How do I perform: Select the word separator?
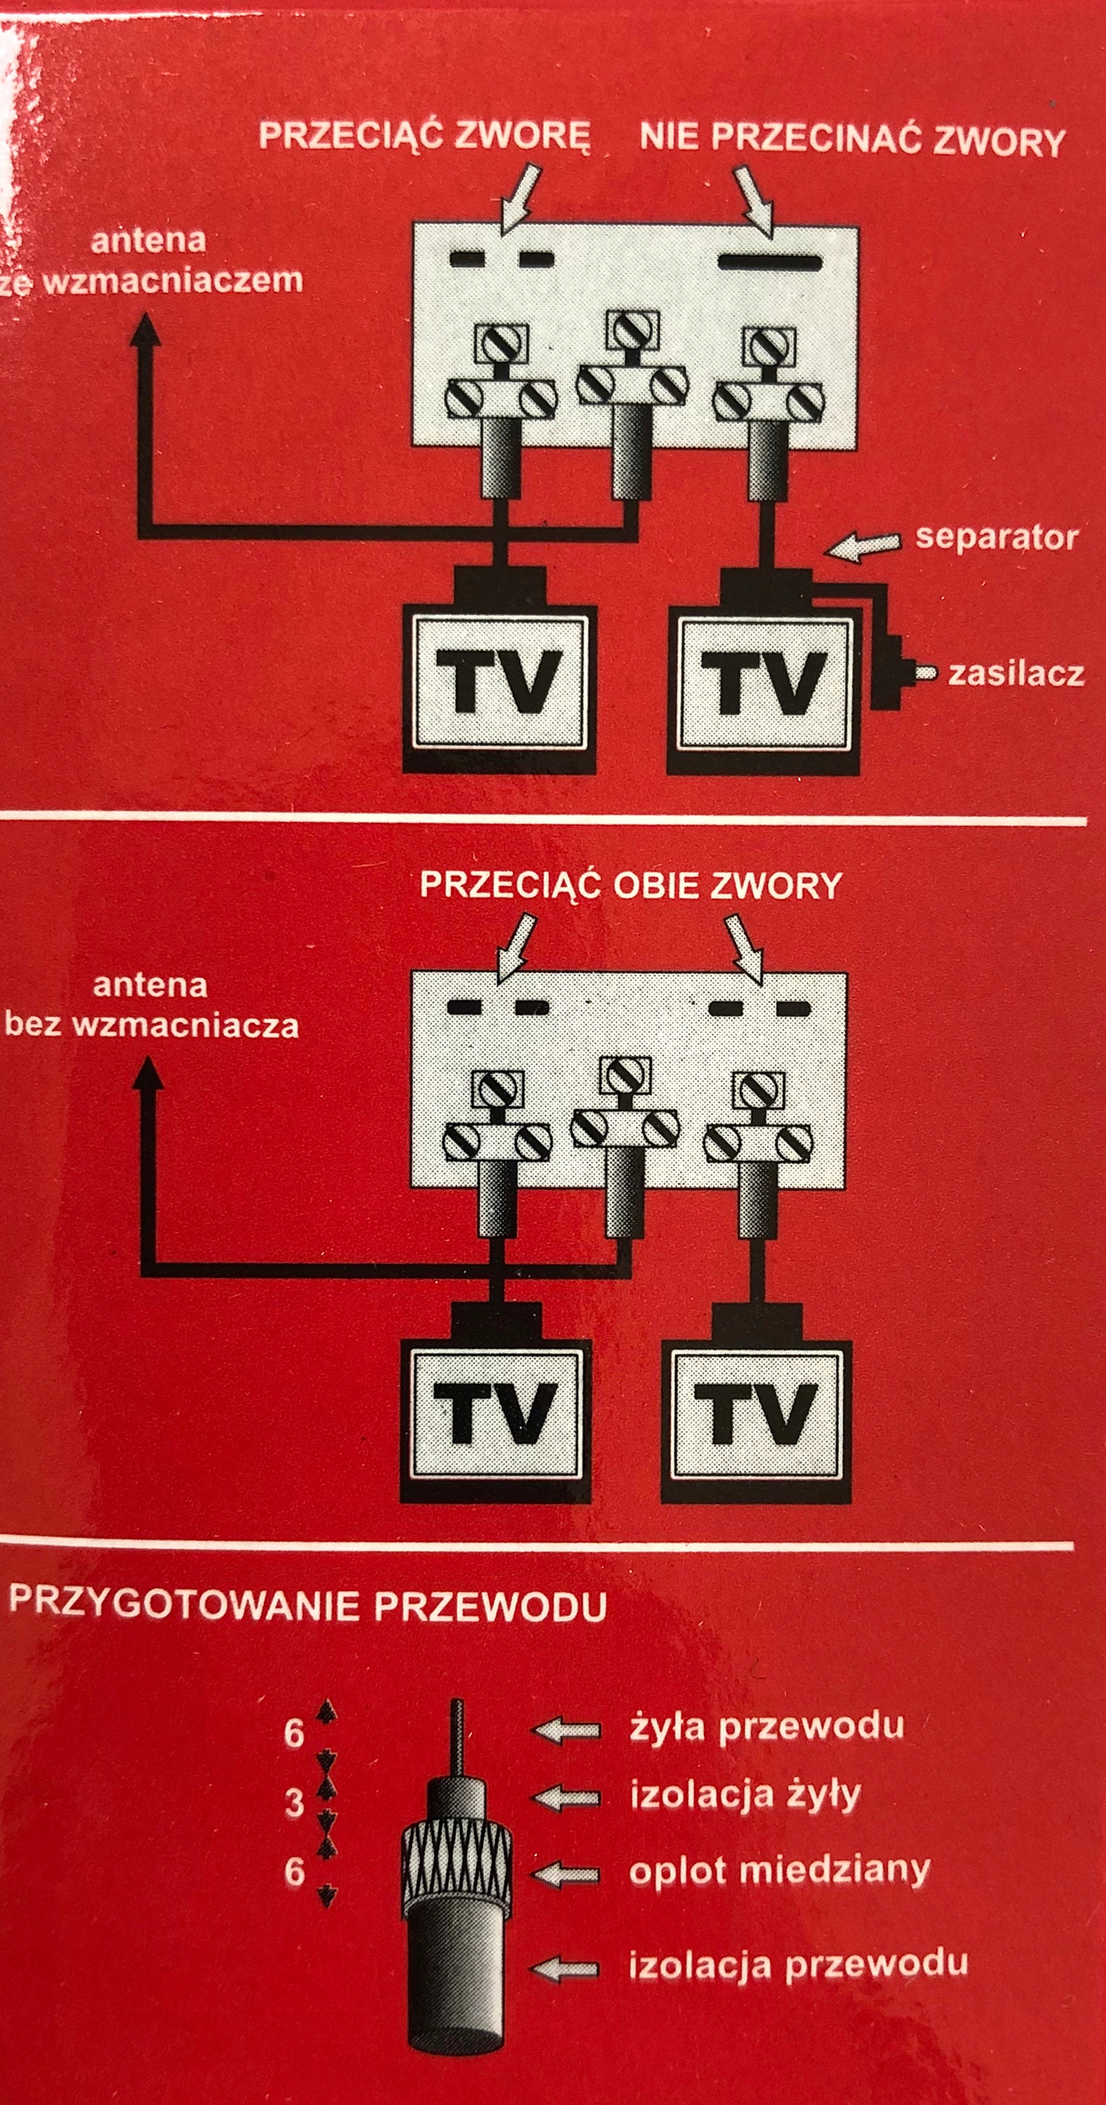tap(996, 537)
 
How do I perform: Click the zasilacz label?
tap(1016, 674)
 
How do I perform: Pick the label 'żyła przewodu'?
tap(767, 1726)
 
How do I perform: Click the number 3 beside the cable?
tap(293, 1804)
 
